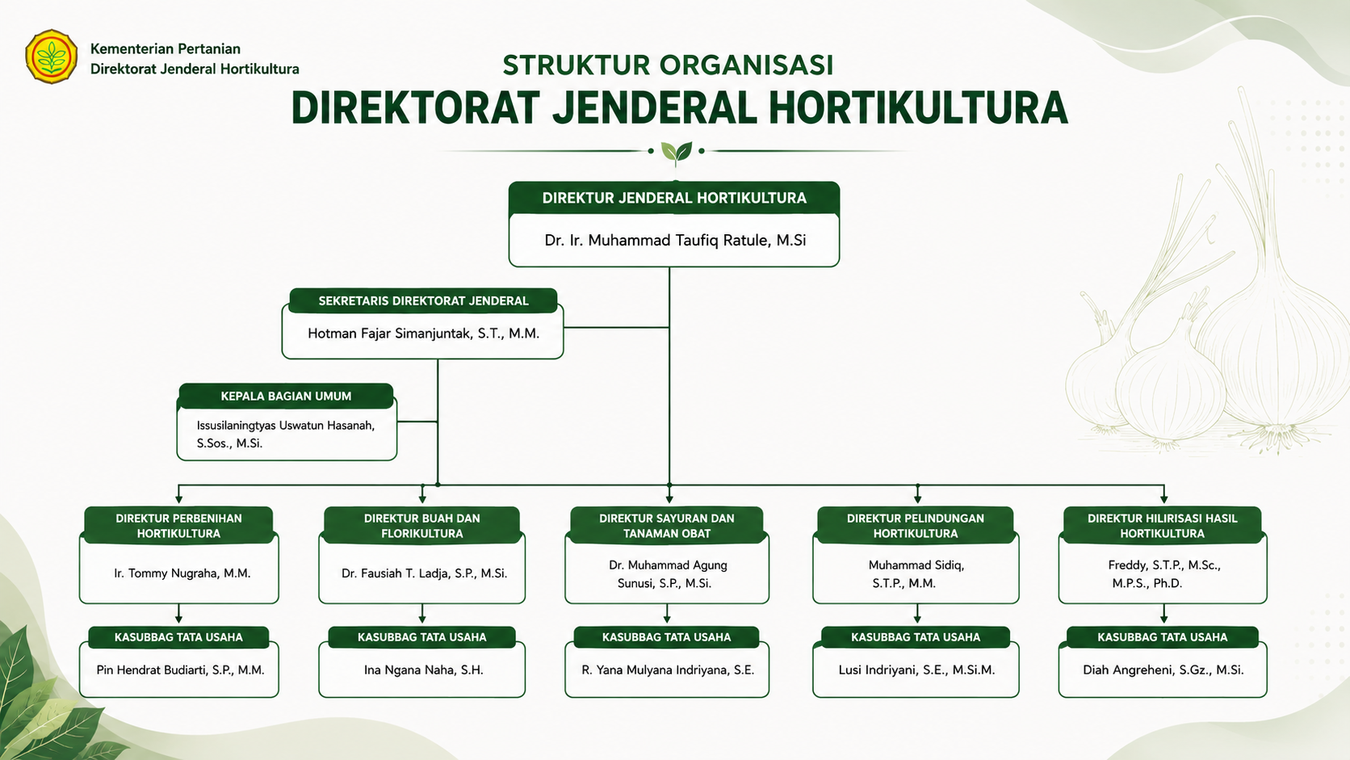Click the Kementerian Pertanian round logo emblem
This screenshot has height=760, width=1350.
(51, 57)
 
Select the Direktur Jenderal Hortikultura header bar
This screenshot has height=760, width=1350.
(674, 199)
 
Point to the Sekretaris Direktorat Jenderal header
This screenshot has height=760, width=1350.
(423, 300)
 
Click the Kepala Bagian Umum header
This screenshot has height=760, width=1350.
(286, 396)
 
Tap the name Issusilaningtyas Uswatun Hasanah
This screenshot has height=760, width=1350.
(286, 434)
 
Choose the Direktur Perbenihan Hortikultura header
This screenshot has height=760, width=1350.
(178, 526)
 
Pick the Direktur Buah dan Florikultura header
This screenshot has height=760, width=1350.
(421, 526)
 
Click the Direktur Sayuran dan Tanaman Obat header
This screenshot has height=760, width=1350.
(667, 526)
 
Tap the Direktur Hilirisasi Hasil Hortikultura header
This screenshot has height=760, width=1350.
(1162, 526)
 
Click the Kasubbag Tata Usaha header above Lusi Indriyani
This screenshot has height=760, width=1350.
(916, 637)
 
